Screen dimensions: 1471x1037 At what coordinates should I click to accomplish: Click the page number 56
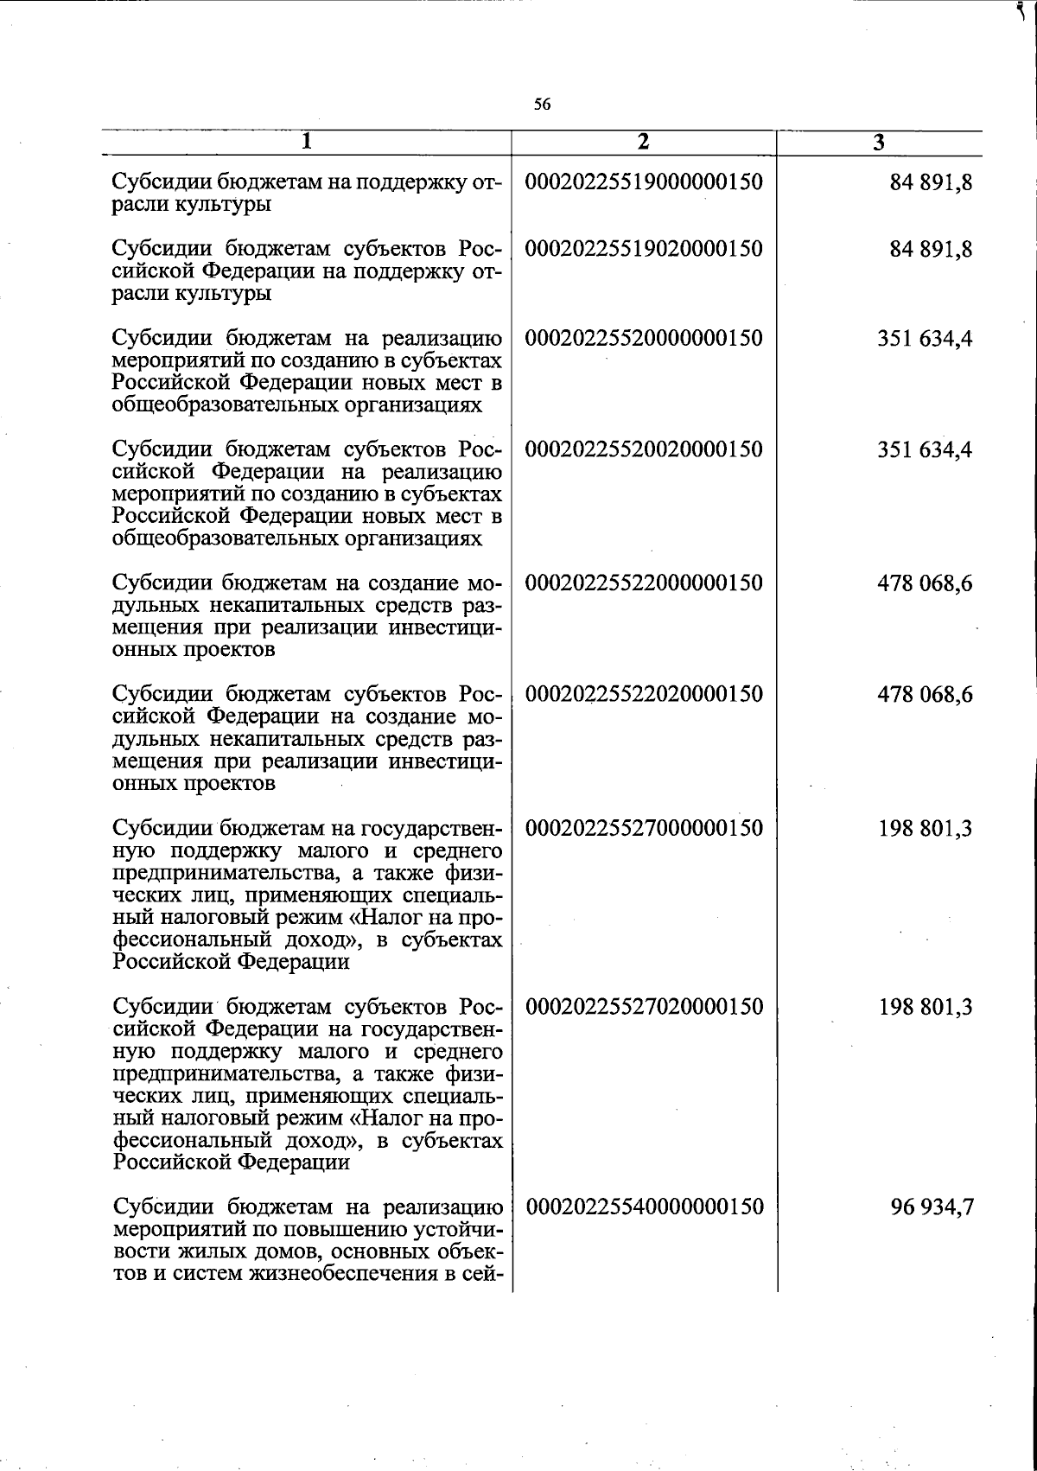(542, 105)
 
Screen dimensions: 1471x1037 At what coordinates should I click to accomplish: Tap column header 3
(878, 143)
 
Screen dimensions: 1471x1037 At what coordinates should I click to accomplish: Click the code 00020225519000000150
(645, 182)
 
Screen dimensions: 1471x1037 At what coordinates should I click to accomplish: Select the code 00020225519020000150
(645, 249)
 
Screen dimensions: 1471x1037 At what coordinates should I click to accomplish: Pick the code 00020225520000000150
(645, 338)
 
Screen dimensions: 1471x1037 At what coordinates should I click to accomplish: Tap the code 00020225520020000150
(645, 449)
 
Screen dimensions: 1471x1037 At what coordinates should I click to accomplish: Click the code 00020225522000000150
(645, 583)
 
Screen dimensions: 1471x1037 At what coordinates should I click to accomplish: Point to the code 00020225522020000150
(645, 694)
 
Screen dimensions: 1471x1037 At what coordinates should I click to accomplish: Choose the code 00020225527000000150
(645, 828)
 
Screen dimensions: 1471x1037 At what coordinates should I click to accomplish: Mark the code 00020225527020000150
(645, 1006)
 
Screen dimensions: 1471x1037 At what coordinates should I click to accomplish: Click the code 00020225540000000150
(645, 1207)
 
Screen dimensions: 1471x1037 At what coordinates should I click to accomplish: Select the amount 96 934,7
(932, 1207)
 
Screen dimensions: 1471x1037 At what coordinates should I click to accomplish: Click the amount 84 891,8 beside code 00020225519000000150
(932, 182)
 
